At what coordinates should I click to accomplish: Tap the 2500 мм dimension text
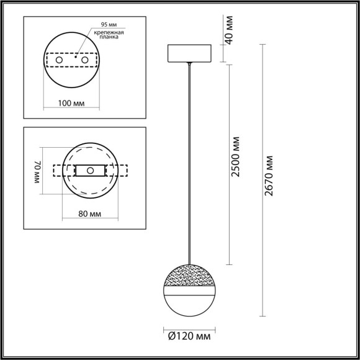point(236,163)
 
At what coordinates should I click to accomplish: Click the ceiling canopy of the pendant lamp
point(189,53)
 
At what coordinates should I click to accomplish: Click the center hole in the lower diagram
point(90,170)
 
